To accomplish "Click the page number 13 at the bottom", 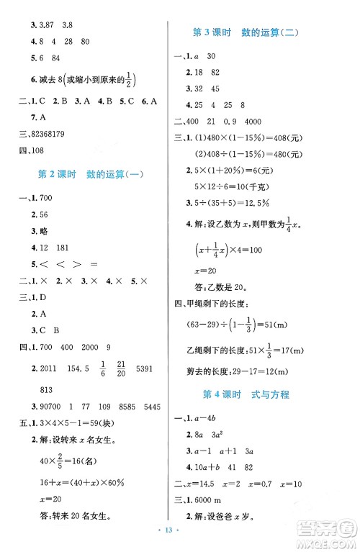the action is pos(180,540).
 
